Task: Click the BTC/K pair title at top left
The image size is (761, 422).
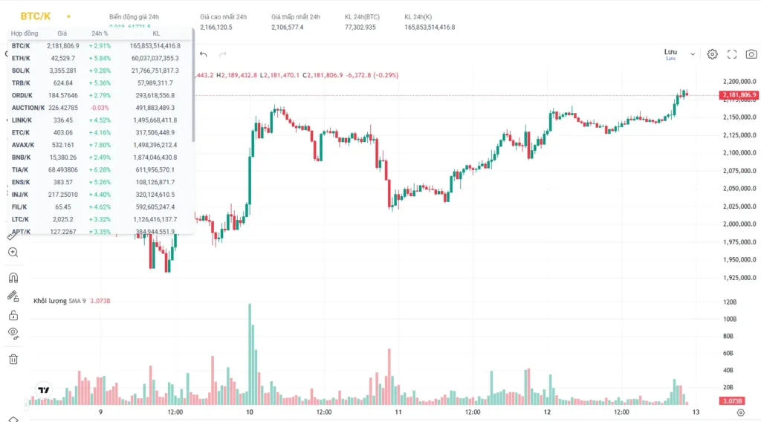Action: click(35, 16)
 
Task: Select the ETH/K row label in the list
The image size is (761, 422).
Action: click(21, 58)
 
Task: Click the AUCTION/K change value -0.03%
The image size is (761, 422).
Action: click(100, 108)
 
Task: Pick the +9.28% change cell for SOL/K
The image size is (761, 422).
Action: click(100, 71)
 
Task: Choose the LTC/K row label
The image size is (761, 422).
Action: click(20, 219)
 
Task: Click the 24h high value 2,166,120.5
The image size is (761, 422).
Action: click(216, 27)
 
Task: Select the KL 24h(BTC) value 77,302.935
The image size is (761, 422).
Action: click(360, 27)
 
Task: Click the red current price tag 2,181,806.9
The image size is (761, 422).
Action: click(739, 95)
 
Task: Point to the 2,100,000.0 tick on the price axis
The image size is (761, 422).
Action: click(739, 153)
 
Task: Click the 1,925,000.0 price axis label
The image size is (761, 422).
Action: click(739, 278)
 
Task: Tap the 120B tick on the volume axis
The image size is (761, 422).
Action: click(730, 302)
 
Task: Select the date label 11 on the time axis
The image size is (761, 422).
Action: click(398, 412)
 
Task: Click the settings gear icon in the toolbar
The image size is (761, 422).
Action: click(712, 54)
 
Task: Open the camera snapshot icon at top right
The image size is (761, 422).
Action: click(751, 54)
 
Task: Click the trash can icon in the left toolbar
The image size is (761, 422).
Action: click(13, 360)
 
